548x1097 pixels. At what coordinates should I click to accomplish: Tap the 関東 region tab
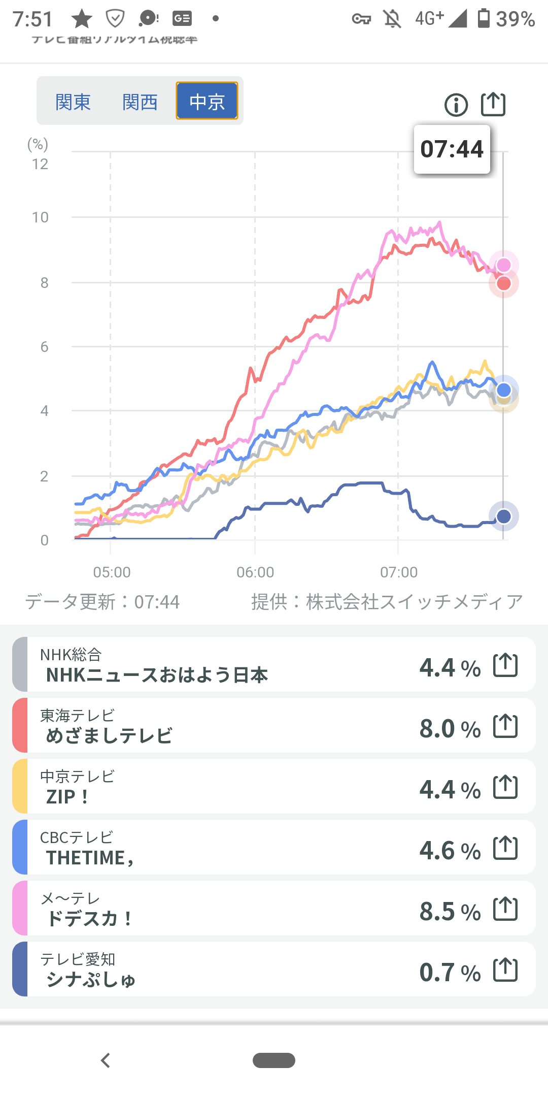point(73,102)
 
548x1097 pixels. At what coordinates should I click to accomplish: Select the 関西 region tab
point(140,102)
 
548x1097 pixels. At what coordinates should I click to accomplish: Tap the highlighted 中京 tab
point(207,101)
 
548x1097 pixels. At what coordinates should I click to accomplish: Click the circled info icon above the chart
point(456,105)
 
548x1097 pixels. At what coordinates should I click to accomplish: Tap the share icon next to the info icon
point(493,105)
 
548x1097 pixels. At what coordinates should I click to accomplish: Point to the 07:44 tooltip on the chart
point(452,149)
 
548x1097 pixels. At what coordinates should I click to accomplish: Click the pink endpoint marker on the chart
point(503,265)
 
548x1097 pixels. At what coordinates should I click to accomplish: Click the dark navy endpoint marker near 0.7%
point(503,517)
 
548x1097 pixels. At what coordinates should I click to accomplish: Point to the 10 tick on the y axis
point(40,217)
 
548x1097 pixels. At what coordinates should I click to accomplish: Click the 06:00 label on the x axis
point(255,572)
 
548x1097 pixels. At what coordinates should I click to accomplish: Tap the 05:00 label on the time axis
point(112,572)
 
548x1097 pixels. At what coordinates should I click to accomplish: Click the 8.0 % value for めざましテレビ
point(450,729)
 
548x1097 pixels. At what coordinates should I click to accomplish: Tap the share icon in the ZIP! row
point(505,787)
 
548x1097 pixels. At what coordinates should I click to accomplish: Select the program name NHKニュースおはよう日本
point(157,675)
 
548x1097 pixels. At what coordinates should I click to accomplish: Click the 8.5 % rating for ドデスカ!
point(450,912)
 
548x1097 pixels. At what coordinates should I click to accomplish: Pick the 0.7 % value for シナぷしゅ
point(450,973)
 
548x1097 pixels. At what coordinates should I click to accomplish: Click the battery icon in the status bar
point(484,18)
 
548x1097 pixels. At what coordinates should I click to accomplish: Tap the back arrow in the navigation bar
point(106,1060)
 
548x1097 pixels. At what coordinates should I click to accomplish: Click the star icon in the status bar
point(82,19)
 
